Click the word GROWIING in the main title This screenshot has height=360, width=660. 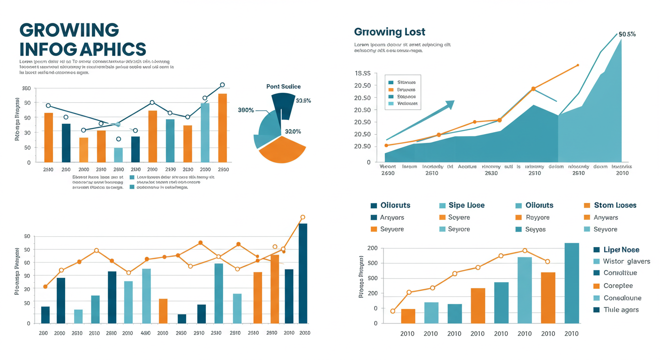pyautogui.click(x=69, y=30)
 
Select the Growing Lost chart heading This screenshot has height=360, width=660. pyautogui.click(x=390, y=32)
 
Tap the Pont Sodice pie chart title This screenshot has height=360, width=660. pyautogui.click(x=283, y=86)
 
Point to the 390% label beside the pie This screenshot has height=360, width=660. pyautogui.click(x=246, y=110)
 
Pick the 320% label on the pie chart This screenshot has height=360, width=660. pyautogui.click(x=293, y=132)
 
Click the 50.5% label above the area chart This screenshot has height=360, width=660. pyautogui.click(x=627, y=34)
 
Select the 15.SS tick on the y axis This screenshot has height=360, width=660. pyautogui.click(x=363, y=74)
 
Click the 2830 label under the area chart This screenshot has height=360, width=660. pyautogui.click(x=491, y=173)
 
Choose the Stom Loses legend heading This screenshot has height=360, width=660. pyautogui.click(x=615, y=205)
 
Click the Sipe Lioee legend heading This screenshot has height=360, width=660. pyautogui.click(x=466, y=205)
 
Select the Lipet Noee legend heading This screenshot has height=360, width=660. pyautogui.click(x=622, y=250)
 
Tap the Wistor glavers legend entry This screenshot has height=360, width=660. pyautogui.click(x=626, y=261)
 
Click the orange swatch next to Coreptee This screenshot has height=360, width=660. pyautogui.click(x=596, y=286)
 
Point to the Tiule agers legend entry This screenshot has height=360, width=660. pyautogui.click(x=621, y=310)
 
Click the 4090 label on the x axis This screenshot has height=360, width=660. pyautogui.click(x=145, y=333)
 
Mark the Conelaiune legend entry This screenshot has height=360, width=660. pyautogui.click(x=622, y=298)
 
